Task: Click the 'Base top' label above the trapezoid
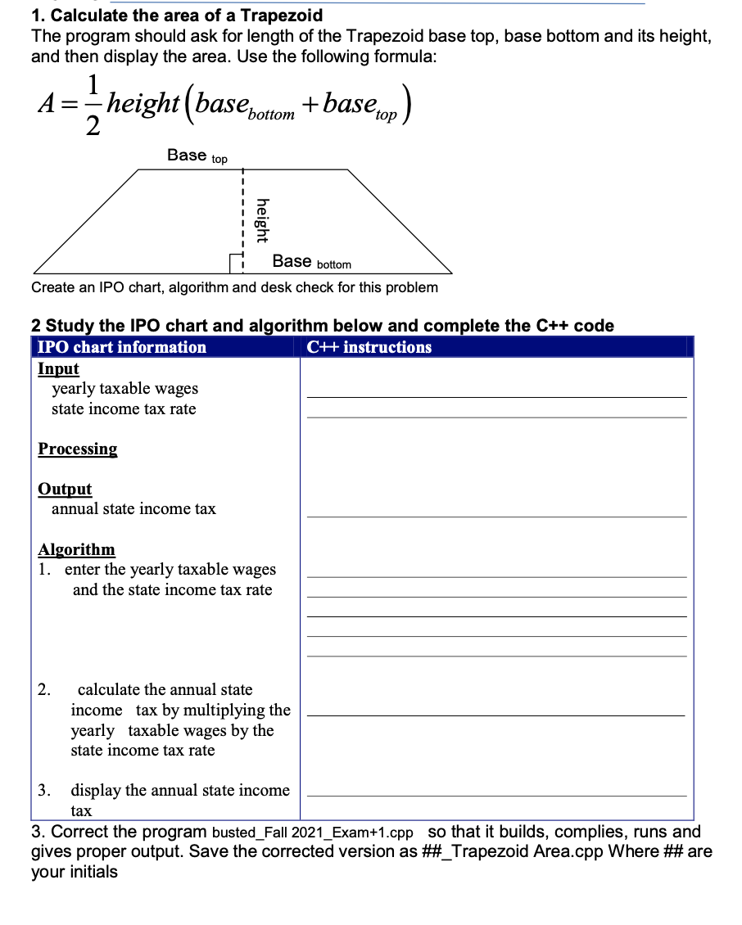pos(197,156)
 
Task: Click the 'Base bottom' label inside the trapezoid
pos(311,262)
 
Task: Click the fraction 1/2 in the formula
pos(95,103)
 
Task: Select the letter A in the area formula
pos(47,104)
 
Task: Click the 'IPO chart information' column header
pos(122,347)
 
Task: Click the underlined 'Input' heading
pos(58,368)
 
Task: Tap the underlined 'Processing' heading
pos(77,449)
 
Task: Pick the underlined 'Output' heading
pos(65,489)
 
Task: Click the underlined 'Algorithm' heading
pos(76,549)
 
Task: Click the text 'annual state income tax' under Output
pos(133,509)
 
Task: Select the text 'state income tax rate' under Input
pos(124,409)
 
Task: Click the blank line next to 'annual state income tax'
pos(496,516)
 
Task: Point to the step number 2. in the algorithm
pos(45,689)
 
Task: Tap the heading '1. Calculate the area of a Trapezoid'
pos(177,15)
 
